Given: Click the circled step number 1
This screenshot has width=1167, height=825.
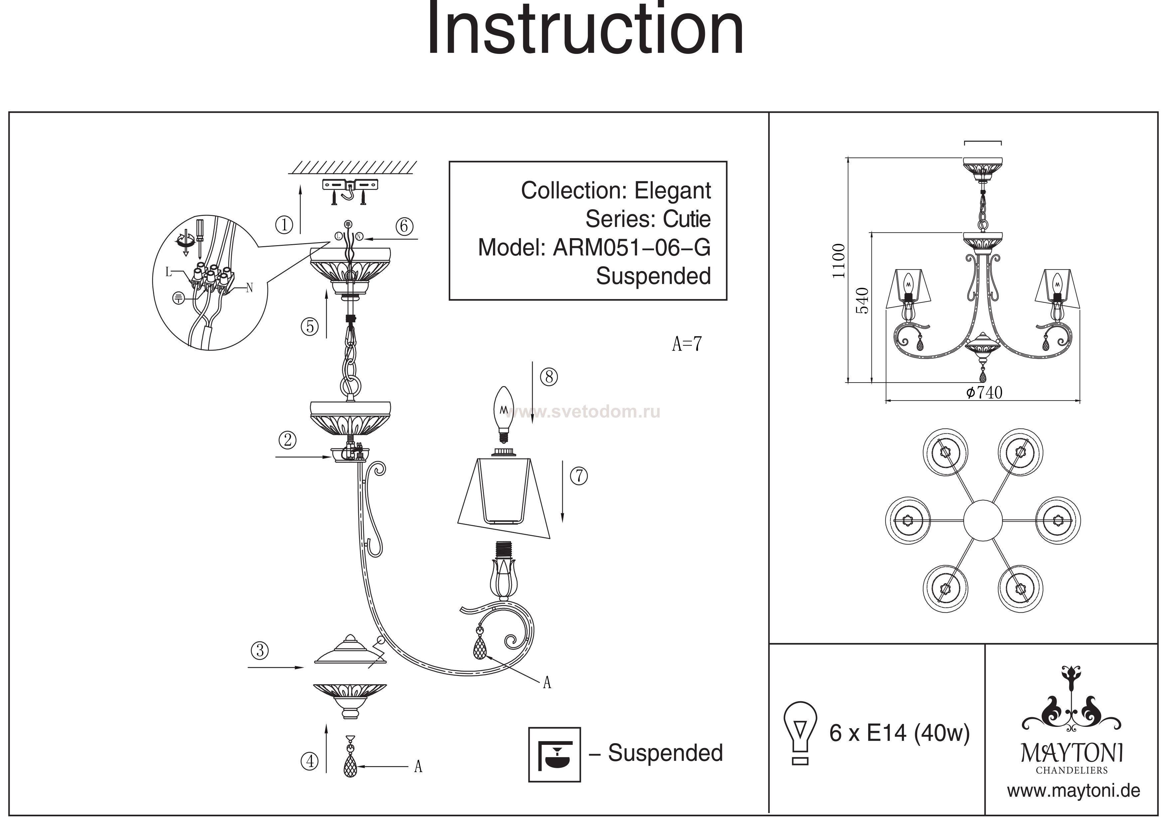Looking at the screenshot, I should click(x=284, y=225).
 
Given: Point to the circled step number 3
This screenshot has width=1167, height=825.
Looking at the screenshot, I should click(x=260, y=651).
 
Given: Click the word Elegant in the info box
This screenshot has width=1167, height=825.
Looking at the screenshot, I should click(x=672, y=191).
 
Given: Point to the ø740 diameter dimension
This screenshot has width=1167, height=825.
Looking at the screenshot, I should click(x=984, y=393).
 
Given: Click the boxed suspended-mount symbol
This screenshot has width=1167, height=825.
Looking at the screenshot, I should click(x=554, y=754).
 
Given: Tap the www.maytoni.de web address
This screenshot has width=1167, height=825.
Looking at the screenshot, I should click(x=1074, y=791).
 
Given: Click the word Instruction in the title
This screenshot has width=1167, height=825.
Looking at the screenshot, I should click(x=585, y=30).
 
